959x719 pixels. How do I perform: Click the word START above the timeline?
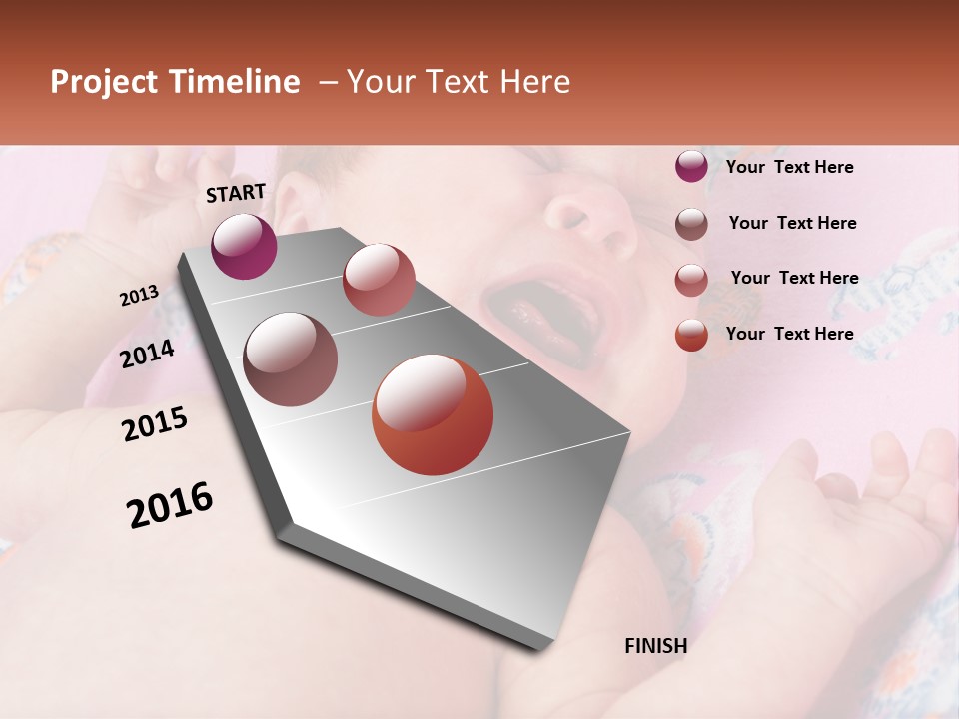[x=236, y=193]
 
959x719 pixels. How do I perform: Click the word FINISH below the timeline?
[x=655, y=646]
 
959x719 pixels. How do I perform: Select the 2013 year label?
[x=139, y=296]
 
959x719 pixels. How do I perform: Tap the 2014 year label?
[x=147, y=354]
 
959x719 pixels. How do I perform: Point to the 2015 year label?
[x=154, y=424]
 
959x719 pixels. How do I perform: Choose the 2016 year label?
[x=170, y=505]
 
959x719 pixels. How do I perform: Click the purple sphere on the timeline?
[x=244, y=246]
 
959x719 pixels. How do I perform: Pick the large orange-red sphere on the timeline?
[x=433, y=414]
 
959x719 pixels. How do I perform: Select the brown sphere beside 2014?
[x=291, y=359]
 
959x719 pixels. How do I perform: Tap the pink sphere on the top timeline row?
[x=379, y=279]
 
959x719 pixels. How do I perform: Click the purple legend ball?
[x=691, y=166]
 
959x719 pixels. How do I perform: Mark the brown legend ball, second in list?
[x=691, y=224]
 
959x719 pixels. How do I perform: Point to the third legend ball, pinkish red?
[x=691, y=280]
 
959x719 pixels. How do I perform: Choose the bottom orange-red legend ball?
[x=691, y=335]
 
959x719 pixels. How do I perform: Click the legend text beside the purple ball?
[x=789, y=167]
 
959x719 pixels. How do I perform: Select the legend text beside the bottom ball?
[x=789, y=334]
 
